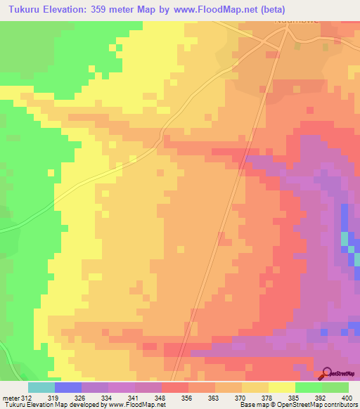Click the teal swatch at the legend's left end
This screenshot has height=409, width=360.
tap(41, 387)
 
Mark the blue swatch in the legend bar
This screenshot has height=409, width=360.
tap(68, 387)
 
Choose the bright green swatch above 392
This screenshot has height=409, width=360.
tap(308, 387)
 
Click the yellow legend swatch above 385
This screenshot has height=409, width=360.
tap(281, 387)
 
